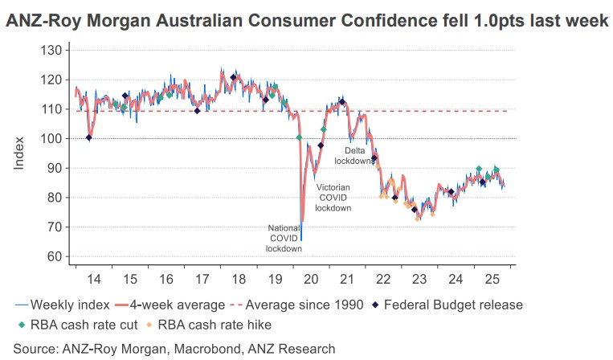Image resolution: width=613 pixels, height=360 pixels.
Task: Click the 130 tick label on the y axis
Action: [52, 51]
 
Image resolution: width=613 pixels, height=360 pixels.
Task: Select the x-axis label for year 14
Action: [93, 279]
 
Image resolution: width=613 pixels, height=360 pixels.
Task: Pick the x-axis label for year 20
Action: [311, 279]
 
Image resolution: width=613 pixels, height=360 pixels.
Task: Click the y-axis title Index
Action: [19, 153]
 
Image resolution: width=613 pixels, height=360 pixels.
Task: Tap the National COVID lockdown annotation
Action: [284, 238]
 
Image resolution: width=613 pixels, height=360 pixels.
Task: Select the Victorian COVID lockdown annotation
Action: [333, 197]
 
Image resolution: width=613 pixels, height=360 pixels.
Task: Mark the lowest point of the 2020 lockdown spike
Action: [301, 239]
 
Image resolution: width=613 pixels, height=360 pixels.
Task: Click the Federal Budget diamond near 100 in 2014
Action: [88, 137]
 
